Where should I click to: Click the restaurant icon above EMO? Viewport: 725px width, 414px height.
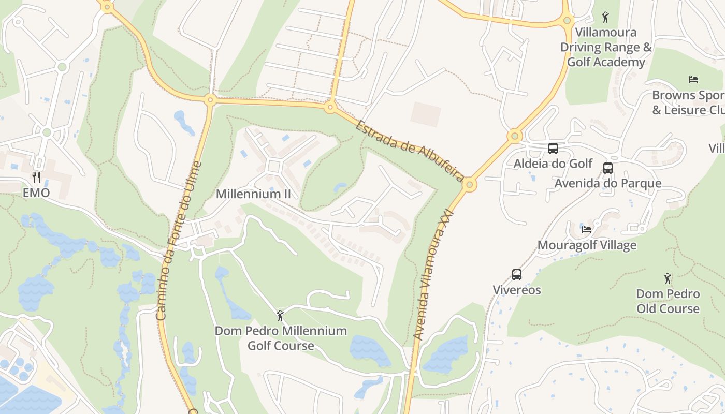click(36, 178)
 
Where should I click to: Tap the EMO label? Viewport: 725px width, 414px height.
click(36, 193)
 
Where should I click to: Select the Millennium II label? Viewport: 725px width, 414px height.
click(253, 194)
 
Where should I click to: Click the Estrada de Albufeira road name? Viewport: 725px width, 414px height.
click(409, 151)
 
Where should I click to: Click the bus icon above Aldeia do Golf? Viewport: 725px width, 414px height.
click(553, 149)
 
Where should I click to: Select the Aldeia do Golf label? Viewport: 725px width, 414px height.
click(553, 164)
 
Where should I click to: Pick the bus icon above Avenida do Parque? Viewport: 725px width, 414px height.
click(608, 168)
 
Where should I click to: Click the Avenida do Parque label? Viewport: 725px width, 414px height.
click(608, 183)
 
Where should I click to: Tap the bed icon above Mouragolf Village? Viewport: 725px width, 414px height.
click(587, 229)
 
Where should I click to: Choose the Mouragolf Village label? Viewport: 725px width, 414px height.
click(587, 245)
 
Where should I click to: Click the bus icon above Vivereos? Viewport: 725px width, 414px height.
click(517, 275)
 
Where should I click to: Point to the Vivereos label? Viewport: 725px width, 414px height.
click(517, 290)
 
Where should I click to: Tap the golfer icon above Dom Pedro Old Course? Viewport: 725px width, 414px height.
click(668, 278)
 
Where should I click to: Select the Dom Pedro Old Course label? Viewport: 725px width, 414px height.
click(668, 301)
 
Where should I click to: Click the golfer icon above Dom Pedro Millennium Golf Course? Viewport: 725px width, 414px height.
click(281, 315)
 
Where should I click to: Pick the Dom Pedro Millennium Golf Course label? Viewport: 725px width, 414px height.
click(281, 338)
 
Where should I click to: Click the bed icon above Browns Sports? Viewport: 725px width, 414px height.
click(693, 80)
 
